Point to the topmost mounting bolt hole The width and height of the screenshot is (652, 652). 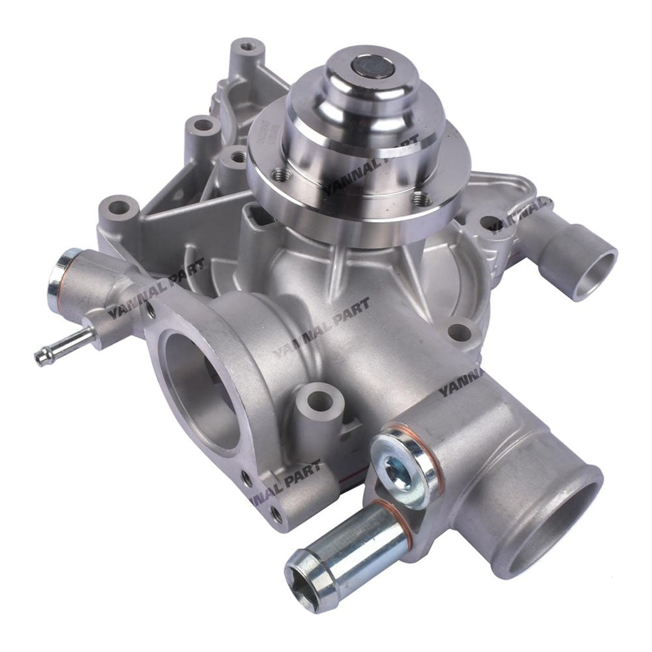[x=246, y=47]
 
